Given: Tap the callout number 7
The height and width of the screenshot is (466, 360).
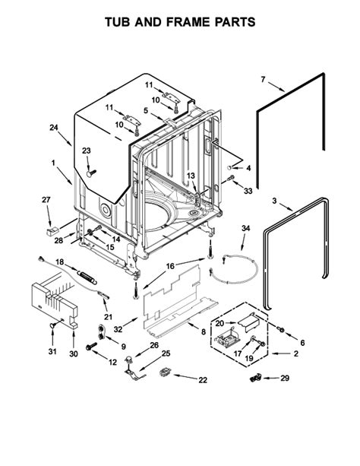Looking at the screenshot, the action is pyautogui.click(x=263, y=79).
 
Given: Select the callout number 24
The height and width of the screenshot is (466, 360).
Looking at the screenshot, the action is pyautogui.click(x=54, y=128).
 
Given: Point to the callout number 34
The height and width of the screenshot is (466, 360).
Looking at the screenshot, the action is pyautogui.click(x=245, y=228).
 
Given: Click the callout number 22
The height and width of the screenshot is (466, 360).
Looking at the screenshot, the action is pyautogui.click(x=203, y=380).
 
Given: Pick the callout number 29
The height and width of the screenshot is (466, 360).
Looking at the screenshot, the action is pyautogui.click(x=285, y=378).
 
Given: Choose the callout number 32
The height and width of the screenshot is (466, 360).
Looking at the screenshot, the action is pyautogui.click(x=118, y=329).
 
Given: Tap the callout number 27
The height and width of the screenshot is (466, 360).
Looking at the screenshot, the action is pyautogui.click(x=46, y=200).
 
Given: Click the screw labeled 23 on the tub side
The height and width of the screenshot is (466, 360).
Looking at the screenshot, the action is pyautogui.click(x=91, y=173).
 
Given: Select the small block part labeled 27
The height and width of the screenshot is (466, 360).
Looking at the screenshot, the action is pyautogui.click(x=52, y=231).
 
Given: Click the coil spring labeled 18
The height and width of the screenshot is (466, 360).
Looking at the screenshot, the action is pyautogui.click(x=87, y=276).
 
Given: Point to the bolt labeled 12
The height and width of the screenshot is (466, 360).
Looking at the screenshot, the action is pyautogui.click(x=91, y=346).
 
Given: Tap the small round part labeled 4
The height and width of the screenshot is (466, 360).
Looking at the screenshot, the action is pyautogui.click(x=229, y=168).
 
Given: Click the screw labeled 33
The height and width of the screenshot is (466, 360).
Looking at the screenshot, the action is pyautogui.click(x=230, y=179).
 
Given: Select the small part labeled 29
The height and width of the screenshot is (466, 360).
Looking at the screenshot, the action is pyautogui.click(x=255, y=379).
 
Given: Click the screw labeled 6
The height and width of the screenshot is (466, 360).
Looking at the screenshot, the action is pyautogui.click(x=280, y=329).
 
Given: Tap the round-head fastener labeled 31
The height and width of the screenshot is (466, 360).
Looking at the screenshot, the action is pyautogui.click(x=53, y=325).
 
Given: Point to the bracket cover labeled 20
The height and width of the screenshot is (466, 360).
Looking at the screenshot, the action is pyautogui.click(x=249, y=322).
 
